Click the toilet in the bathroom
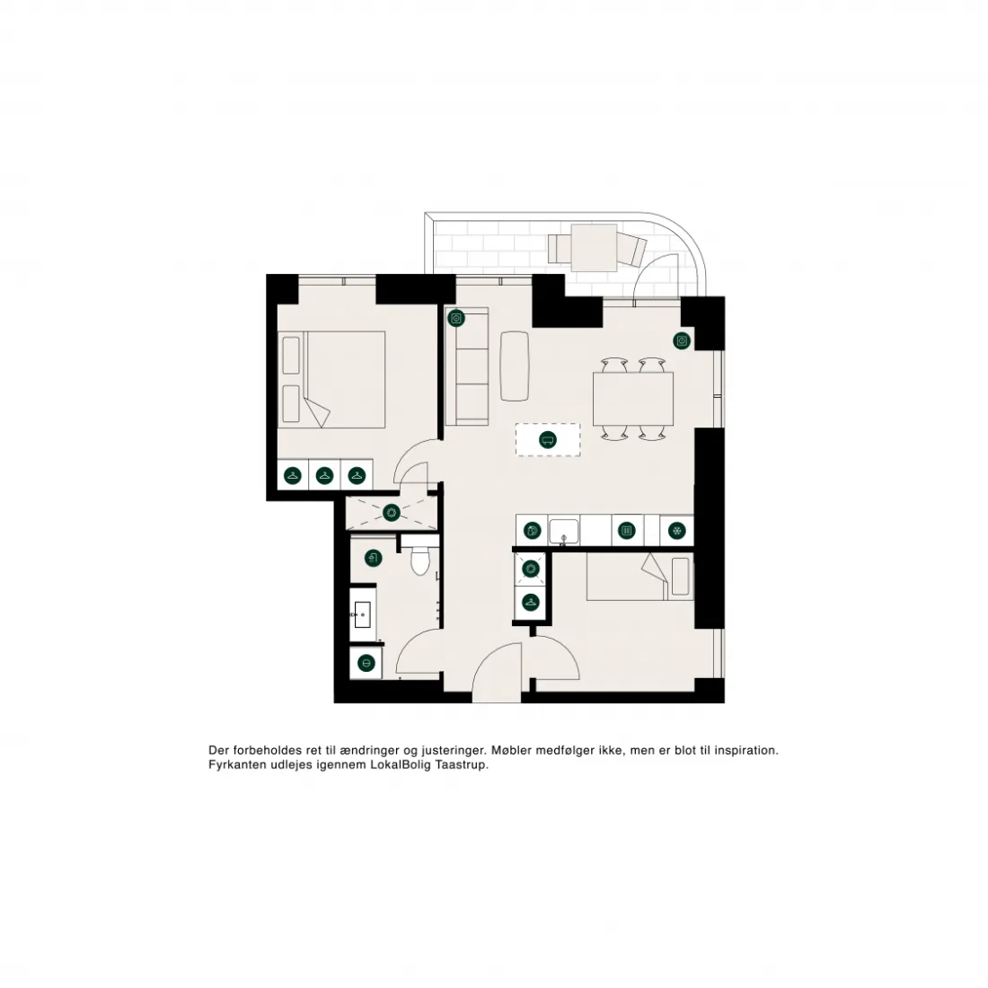[x=420, y=560]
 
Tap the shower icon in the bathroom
[x=374, y=559]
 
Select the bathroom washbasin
[x=362, y=614]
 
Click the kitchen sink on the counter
[x=563, y=531]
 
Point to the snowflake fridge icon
[x=677, y=531]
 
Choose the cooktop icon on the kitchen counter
[x=626, y=531]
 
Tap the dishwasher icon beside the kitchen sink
[x=533, y=531]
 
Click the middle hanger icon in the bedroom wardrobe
[x=324, y=475]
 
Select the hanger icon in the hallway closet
[x=531, y=603]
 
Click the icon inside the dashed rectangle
[x=548, y=440]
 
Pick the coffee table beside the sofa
[x=515, y=366]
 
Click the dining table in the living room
[x=633, y=399]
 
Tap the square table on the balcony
[x=595, y=248]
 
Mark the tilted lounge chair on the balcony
[x=631, y=248]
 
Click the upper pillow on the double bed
[x=291, y=356]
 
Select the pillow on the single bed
[x=681, y=576]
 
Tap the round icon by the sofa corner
[x=456, y=318]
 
